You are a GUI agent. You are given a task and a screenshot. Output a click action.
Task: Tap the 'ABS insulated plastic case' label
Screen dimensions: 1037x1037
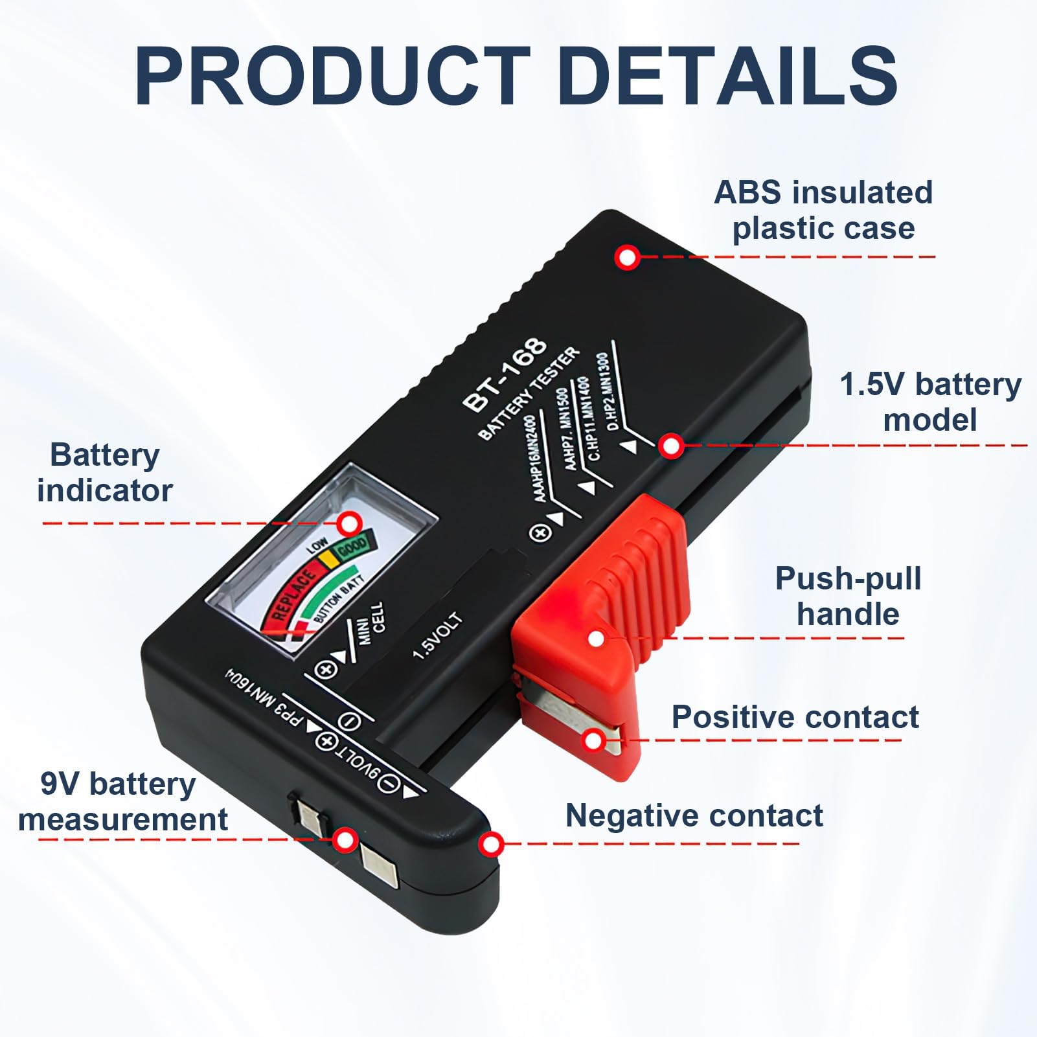point(823,211)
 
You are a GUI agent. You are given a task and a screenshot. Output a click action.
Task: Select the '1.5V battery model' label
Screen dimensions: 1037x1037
point(930,402)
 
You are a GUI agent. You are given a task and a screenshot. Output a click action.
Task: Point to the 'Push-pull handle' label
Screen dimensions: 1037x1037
point(849,596)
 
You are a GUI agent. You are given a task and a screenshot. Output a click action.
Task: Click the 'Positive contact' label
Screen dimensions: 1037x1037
point(795,717)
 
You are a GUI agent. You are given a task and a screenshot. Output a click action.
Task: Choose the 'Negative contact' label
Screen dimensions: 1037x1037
point(694,815)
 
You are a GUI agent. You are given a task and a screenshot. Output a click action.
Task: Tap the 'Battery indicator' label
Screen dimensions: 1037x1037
point(105,472)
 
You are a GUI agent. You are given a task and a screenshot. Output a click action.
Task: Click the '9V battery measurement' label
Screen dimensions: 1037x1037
point(123,801)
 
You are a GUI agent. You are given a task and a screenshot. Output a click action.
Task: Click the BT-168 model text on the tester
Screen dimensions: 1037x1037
point(505,374)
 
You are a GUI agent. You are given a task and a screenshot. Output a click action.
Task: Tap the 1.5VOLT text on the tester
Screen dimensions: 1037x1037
point(439,636)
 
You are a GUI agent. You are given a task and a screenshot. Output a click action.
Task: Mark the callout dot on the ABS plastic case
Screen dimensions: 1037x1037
point(627,258)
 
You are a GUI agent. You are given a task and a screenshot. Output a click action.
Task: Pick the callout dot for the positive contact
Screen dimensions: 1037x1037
point(593,739)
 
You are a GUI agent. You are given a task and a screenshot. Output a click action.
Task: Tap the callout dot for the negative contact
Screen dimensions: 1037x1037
point(492,844)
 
